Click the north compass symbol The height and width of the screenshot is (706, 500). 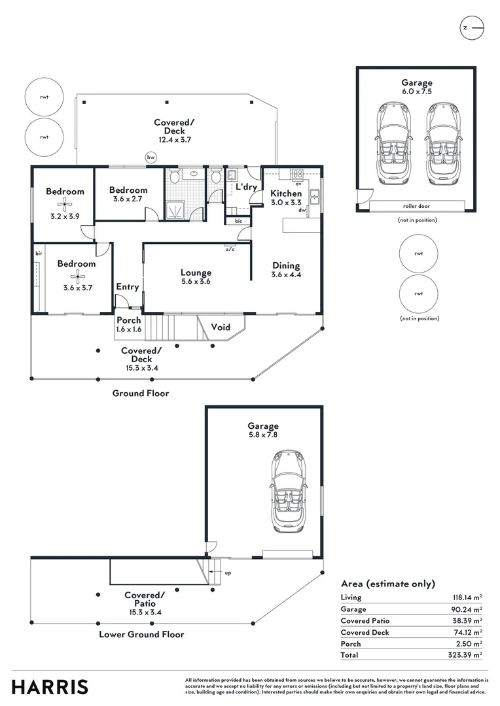coord(472,28)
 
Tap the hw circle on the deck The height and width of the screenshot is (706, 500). coord(151,157)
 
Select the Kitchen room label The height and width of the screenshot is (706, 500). coord(287,193)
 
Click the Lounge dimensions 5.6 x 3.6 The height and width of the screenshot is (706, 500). coord(196,282)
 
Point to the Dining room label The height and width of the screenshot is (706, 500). coord(286,265)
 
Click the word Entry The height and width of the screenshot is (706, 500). coord(128,286)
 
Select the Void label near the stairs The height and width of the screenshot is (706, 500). coord(221,327)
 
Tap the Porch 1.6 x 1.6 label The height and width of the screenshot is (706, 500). coord(129,324)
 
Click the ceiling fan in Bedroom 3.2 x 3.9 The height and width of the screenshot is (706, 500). coord(65,203)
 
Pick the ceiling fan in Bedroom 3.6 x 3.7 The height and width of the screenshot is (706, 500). coord(77,275)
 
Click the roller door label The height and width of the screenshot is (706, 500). coord(416,206)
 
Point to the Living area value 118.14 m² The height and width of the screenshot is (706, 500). coord(468,597)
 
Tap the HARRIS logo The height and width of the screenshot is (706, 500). coord(50,687)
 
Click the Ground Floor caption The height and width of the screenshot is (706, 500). coord(141,394)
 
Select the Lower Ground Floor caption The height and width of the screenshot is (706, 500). coord(141,634)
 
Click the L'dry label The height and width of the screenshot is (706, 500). coord(246,187)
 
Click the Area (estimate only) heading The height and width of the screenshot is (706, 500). coord(388,584)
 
